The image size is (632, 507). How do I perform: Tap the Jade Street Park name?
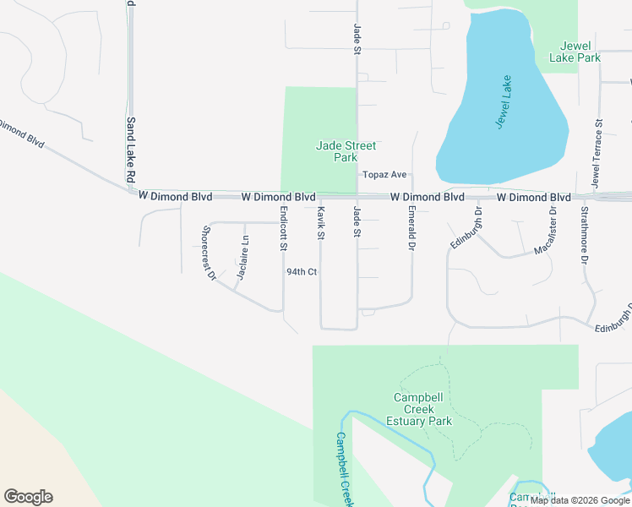(x=346, y=151)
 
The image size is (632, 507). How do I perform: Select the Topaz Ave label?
(x=385, y=175)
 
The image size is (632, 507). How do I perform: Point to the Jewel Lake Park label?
(x=575, y=52)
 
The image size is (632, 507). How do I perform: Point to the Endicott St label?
(x=284, y=229)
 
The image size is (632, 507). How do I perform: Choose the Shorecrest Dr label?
(x=209, y=253)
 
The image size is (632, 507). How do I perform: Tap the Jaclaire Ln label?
(x=243, y=257)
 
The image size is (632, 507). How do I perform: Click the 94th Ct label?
(x=301, y=272)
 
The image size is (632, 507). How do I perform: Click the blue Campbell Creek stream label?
(x=343, y=469)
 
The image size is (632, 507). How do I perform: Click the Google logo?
(x=28, y=497)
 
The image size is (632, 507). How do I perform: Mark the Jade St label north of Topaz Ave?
(x=357, y=39)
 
